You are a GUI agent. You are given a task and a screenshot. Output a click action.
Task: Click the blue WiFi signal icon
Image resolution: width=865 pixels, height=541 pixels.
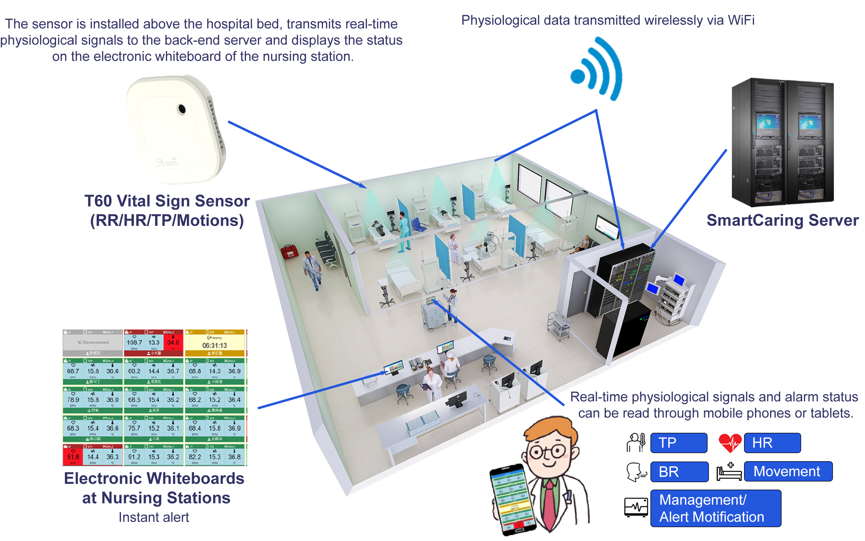(596, 69)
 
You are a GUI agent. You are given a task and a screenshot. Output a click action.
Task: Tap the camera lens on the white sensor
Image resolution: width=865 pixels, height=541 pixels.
(182, 109)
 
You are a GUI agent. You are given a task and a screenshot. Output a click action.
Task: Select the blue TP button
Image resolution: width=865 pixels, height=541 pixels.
(678, 443)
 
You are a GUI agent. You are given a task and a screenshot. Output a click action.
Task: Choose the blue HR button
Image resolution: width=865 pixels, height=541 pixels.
(772, 443)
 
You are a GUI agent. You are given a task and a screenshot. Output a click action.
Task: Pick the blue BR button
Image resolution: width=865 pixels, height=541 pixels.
(679, 472)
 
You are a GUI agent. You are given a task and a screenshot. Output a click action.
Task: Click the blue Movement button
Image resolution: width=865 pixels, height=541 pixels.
(788, 471)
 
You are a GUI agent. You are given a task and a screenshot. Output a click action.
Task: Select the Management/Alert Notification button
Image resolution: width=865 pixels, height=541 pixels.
(715, 508)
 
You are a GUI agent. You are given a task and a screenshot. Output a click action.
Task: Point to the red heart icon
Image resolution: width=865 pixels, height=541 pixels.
(730, 443)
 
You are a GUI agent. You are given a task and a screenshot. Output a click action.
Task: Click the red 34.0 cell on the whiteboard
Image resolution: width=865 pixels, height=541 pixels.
(173, 343)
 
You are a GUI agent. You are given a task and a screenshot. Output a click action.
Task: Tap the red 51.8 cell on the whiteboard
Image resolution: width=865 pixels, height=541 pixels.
(73, 456)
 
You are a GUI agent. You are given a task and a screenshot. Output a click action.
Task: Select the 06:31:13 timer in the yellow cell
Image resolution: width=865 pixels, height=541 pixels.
(215, 346)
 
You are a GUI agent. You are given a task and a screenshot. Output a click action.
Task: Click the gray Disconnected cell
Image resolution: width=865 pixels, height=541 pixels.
(93, 343)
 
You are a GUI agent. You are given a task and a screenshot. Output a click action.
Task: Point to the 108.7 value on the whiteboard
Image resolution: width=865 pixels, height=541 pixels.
(134, 343)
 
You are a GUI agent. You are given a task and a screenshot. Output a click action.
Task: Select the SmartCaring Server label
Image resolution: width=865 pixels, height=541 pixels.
(783, 220)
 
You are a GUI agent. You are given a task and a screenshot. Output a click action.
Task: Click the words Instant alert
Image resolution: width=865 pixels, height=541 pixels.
(154, 517)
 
